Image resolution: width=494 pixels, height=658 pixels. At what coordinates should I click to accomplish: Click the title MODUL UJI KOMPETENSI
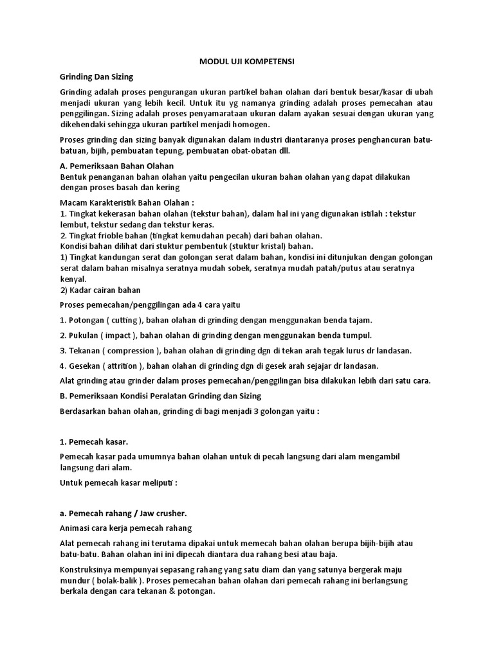[247, 62]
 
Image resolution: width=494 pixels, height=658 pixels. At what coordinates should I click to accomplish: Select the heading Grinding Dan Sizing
[96, 76]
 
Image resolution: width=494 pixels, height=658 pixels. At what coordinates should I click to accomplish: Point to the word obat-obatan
[247, 151]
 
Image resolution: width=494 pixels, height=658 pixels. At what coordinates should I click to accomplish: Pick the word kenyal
[72, 280]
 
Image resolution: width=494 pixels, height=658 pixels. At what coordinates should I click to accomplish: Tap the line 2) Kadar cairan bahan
[100, 290]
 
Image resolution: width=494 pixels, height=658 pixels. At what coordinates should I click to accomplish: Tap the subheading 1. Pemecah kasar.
[93, 442]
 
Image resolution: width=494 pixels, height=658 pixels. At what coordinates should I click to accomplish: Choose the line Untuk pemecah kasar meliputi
[118, 483]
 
